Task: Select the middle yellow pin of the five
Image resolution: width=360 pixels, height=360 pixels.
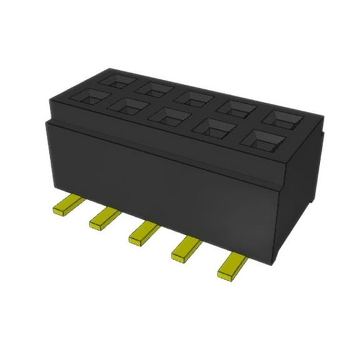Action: click(145, 232)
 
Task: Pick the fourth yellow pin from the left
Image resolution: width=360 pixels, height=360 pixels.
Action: click(187, 249)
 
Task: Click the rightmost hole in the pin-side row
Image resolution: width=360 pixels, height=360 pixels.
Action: click(266, 138)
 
